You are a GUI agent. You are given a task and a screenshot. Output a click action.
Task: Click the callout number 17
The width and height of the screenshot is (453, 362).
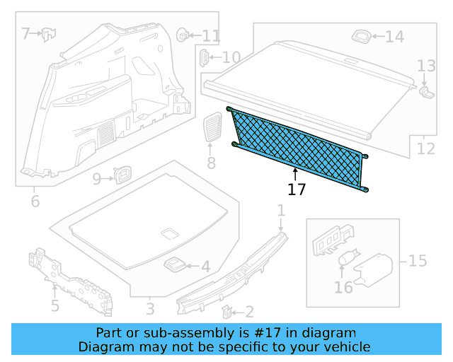pyautogui.click(x=297, y=189)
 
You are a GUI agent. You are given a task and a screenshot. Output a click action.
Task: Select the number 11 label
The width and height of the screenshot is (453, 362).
pyautogui.click(x=212, y=35)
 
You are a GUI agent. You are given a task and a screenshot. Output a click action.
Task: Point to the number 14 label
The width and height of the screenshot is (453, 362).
pyautogui.click(x=394, y=37)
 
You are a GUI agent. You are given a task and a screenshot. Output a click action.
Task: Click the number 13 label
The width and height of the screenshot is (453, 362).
pyautogui.click(x=426, y=66)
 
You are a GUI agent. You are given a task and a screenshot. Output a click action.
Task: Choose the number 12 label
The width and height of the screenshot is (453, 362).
pyautogui.click(x=426, y=148)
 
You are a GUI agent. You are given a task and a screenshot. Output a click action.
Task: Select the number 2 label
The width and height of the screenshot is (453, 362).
pyautogui.click(x=249, y=312)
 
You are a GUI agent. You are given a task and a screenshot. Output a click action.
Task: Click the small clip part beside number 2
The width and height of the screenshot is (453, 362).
pyautogui.click(x=227, y=310)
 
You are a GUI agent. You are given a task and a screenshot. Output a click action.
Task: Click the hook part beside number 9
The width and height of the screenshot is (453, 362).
pyautogui.click(x=123, y=174)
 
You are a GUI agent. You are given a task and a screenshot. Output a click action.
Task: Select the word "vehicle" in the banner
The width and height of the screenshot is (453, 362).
pyautogui.click(x=344, y=346)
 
